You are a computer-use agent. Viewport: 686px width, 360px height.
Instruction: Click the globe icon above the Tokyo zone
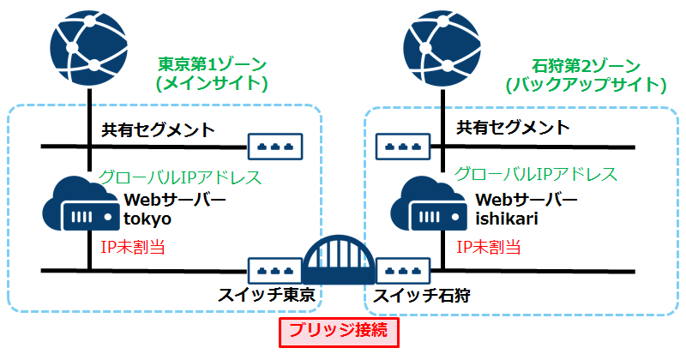click(89, 48)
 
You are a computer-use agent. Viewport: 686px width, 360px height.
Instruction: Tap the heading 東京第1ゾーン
click(213, 65)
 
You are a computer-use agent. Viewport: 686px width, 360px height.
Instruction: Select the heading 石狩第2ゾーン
click(587, 66)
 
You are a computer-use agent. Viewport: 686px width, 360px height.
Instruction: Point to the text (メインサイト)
click(212, 83)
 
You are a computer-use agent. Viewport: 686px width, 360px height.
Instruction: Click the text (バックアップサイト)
click(587, 85)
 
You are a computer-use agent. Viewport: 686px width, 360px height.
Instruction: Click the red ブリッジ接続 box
click(339, 332)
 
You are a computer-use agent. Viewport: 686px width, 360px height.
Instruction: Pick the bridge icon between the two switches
click(339, 260)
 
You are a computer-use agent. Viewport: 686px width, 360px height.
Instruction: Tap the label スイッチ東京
click(266, 295)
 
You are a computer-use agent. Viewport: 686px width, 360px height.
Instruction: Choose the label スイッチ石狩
click(421, 296)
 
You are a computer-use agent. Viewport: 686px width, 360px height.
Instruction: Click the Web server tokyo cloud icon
click(81, 204)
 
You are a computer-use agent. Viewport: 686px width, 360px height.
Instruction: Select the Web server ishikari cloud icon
click(428, 204)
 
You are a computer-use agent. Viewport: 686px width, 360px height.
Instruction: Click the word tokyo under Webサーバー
click(147, 219)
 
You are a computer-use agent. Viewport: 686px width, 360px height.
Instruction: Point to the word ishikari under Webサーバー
click(507, 219)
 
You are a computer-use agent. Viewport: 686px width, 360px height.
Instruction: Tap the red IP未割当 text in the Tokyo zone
click(133, 247)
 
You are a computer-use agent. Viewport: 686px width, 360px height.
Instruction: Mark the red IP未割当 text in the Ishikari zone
click(489, 247)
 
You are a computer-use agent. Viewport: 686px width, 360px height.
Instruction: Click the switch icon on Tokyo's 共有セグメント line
click(275, 147)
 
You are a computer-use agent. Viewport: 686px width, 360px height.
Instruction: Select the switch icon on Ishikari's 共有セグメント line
click(403, 147)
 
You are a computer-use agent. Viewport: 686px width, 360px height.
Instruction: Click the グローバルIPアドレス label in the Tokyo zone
click(180, 177)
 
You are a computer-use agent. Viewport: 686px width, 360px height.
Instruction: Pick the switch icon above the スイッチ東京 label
click(275, 271)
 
